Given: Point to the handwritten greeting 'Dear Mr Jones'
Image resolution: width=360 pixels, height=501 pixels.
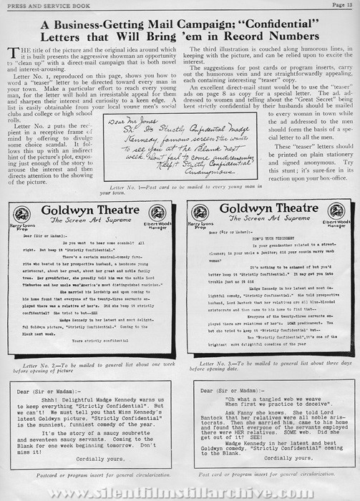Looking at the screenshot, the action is [140, 123].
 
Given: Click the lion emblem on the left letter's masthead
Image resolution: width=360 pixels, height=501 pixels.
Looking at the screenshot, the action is [22, 212].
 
